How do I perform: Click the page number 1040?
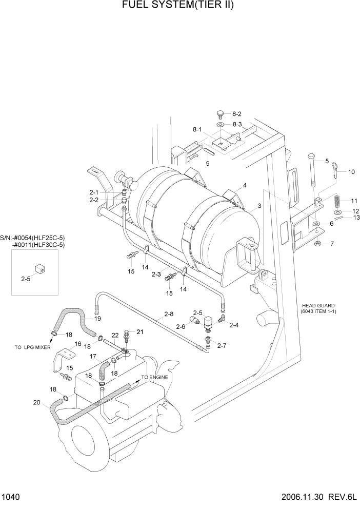11,497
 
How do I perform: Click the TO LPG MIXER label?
32,347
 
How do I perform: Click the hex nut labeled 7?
318,243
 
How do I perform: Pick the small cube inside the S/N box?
39,268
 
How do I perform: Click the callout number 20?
36,403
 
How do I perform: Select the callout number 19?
97,319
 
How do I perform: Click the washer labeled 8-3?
220,125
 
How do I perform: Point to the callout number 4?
245,185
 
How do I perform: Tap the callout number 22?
115,335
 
